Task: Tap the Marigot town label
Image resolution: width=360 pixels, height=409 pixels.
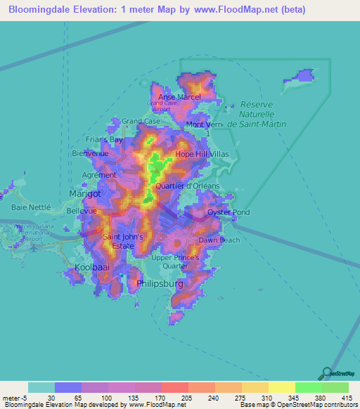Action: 85,193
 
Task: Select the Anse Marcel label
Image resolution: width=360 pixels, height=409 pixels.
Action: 179,97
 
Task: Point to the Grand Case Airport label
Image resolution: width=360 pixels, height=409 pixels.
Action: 161,106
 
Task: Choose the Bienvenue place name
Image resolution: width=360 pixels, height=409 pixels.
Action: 91,152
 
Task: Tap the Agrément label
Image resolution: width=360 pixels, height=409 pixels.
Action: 99,174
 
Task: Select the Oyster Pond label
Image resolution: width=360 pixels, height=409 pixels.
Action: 228,212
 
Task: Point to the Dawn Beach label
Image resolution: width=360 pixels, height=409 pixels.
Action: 219,240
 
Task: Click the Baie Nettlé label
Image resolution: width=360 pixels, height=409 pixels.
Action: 32,207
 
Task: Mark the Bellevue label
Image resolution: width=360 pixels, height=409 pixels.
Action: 80,210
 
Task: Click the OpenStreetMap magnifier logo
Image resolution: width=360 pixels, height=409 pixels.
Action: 326,374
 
